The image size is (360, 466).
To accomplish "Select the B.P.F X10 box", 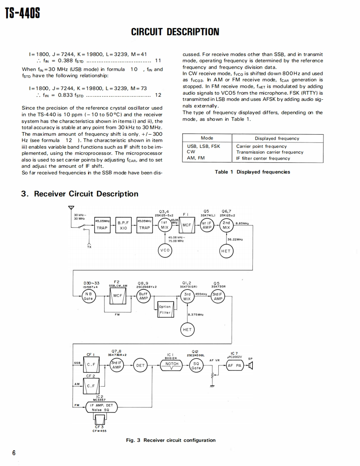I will coord(123,225).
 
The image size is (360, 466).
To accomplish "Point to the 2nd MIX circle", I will coord(226,225).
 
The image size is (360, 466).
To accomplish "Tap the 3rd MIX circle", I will coord(187,296).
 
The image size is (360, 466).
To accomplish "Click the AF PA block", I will coord(235,365).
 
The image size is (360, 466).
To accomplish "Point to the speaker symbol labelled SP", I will coord(250,365).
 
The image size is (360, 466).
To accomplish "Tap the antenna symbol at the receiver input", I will coord(72,209).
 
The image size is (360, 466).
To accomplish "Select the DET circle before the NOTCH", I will coord(141,365).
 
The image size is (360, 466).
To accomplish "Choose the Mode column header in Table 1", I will coord(207,138).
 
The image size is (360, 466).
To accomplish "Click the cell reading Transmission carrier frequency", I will coord(270,152).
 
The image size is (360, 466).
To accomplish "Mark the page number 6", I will coord(14,452).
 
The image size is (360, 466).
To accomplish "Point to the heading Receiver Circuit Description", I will coord(80,194).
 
